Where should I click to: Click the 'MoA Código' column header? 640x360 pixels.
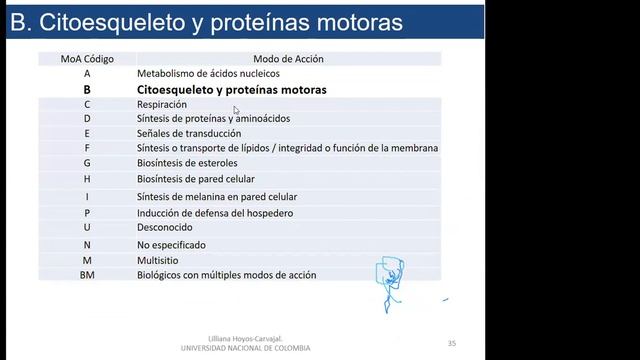point(87,59)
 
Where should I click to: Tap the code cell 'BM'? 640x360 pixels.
point(87,274)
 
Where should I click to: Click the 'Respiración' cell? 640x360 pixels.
point(162,104)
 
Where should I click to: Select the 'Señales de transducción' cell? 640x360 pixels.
point(189,133)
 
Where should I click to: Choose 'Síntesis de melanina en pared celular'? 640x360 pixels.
point(217,197)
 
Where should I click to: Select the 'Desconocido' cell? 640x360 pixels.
point(166,227)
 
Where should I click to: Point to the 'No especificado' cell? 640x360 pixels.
point(171,244)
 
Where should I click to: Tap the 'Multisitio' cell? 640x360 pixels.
point(160,260)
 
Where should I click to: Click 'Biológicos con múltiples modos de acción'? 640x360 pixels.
point(227,274)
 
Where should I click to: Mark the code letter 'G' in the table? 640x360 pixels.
point(87,162)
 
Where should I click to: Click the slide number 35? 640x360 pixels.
point(452,344)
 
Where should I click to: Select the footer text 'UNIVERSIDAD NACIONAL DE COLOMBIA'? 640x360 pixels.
point(245,348)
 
